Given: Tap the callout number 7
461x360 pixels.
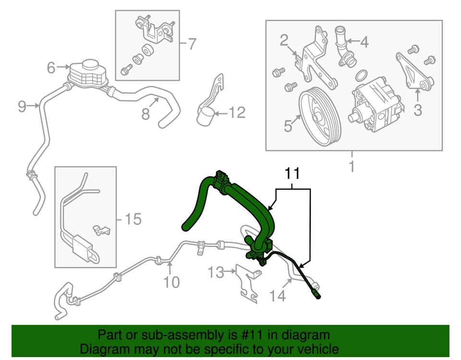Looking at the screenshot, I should coord(192,44).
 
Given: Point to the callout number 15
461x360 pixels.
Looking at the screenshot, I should coord(133,220).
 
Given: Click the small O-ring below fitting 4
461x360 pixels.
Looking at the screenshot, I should coord(363,75).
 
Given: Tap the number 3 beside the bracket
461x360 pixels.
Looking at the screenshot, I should coord(417,110).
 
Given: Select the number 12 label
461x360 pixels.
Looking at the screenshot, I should coord(236,113).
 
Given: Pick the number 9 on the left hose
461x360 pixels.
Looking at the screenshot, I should coord(22,106).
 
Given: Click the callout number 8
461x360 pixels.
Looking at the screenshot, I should coord(146,114).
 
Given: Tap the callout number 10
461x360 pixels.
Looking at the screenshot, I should coord(171,282).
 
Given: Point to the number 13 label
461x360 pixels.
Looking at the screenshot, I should coord(216,273).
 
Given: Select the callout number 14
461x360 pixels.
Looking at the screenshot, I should coord(278,296).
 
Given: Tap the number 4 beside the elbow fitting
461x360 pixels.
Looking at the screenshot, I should coord(364,42).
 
